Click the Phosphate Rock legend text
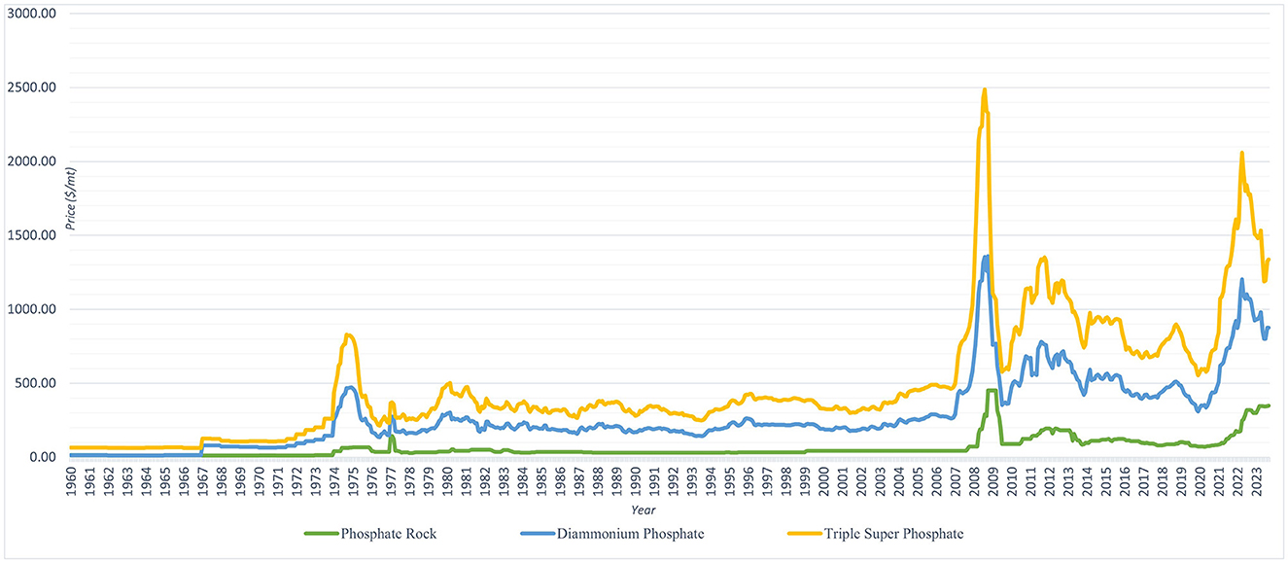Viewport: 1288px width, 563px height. (x=382, y=534)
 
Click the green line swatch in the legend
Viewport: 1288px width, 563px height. (x=320, y=534)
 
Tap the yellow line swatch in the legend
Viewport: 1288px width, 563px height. (x=818, y=534)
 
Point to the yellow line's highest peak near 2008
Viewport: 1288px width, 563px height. (x=985, y=89)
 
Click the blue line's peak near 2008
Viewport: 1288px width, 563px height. (x=986, y=257)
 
